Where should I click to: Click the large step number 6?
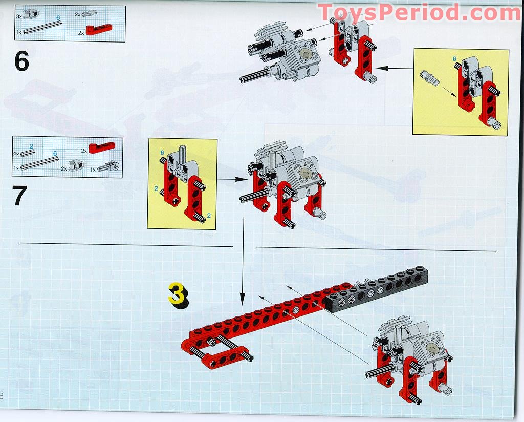pos(22,61)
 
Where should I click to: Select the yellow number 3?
pos(177,294)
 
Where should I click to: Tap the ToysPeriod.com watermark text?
pos(419,12)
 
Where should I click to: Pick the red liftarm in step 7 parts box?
pos(101,147)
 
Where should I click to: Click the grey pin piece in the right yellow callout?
pos(429,77)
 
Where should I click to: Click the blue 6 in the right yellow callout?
pos(454,60)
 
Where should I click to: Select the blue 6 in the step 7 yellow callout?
pos(162,153)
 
